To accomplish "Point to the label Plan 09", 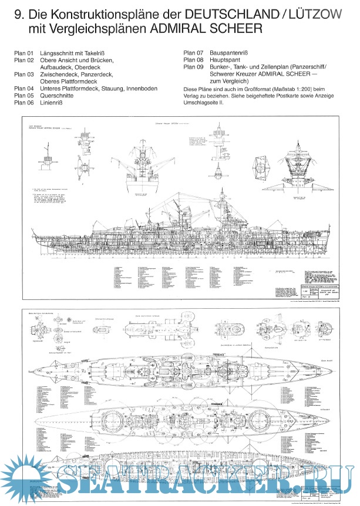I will click(x=193, y=67).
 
